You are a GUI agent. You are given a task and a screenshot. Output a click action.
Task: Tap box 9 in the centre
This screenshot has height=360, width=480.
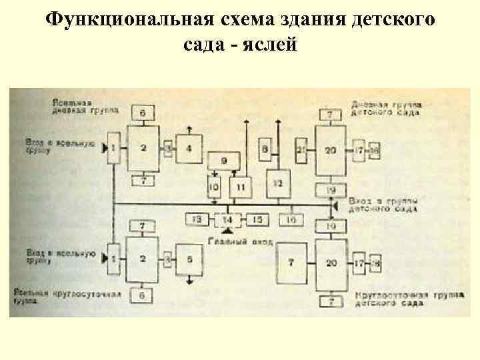click(224, 160)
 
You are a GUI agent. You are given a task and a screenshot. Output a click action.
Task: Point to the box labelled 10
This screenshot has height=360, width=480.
click(213, 187)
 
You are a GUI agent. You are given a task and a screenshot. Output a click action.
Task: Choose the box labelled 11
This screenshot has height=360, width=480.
click(240, 187)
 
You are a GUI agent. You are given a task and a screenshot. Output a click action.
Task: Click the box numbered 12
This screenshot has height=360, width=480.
click(279, 183)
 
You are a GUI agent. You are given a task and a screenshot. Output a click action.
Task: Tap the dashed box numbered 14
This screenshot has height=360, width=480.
click(227, 219)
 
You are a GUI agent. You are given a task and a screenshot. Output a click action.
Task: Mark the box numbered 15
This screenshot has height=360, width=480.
click(257, 219)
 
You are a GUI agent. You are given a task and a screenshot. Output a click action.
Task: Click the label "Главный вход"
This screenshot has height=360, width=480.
click(241, 241)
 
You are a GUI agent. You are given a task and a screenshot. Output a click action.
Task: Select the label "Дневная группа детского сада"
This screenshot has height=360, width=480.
click(386, 109)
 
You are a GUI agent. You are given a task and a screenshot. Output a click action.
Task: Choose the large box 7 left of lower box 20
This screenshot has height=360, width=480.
click(291, 263)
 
